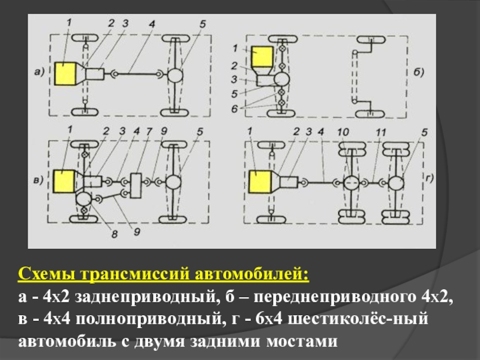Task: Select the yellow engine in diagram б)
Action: (263, 58)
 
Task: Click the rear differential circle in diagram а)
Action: (175, 74)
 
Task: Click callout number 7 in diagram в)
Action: (148, 130)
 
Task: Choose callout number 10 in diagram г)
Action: (343, 131)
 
